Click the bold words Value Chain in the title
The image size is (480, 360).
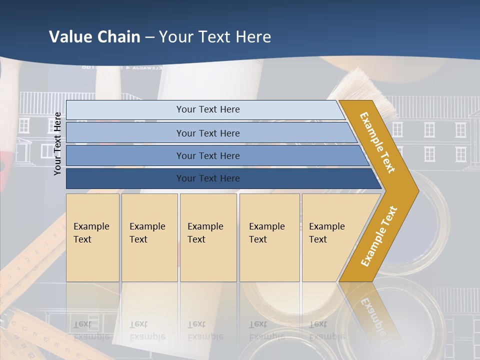(94, 37)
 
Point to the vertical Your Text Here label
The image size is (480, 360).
(57, 143)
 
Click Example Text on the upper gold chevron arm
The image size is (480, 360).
(377, 142)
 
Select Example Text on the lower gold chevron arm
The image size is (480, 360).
(378, 236)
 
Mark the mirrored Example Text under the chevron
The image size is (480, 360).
(372, 315)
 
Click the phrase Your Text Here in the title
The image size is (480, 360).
(215, 37)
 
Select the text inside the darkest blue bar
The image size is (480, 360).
(208, 178)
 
